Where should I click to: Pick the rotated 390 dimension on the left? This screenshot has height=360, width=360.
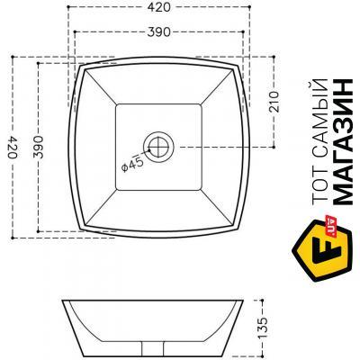pos(37,148)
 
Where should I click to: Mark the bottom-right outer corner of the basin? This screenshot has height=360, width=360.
pos(241,229)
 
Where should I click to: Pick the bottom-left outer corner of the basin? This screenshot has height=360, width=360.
pos(77,229)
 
